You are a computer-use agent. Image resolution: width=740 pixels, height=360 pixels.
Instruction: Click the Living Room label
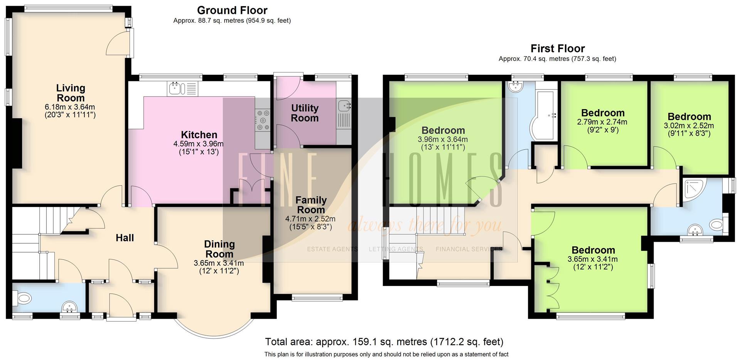[70, 93]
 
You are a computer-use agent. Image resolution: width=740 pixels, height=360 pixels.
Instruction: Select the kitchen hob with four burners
[263, 120]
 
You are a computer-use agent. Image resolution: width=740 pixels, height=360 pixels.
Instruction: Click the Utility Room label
[304, 113]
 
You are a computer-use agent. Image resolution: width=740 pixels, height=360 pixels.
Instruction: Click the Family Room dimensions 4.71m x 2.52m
[310, 219]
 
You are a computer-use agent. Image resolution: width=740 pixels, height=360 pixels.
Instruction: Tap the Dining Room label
[219, 249]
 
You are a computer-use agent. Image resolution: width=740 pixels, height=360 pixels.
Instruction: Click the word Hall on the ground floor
[125, 238]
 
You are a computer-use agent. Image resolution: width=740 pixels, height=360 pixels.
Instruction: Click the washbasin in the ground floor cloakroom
[70, 307]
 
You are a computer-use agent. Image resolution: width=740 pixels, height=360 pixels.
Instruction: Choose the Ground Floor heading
[232, 10]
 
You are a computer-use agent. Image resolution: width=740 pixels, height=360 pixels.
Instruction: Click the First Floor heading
[557, 49]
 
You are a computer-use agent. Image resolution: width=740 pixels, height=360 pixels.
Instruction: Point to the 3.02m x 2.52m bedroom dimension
[688, 126]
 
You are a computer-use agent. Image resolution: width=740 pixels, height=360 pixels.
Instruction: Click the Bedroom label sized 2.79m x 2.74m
[603, 113]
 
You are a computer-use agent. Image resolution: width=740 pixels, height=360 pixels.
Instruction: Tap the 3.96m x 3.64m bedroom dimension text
[442, 140]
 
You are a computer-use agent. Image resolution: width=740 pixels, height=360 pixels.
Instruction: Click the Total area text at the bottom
[384, 342]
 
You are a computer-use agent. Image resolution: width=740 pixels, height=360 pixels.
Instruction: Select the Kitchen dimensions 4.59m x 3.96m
[198, 144]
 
